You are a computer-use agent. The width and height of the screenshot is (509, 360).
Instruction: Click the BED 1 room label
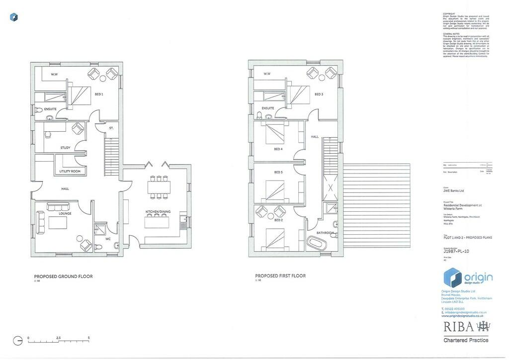tap(98, 94)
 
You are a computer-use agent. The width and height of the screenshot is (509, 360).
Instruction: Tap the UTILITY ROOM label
tap(70, 171)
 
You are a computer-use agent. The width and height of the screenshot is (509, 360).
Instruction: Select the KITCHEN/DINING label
tap(158, 212)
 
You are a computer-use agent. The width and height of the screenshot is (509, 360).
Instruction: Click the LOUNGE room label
tap(65, 213)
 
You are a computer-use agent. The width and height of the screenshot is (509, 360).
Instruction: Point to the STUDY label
tap(65, 148)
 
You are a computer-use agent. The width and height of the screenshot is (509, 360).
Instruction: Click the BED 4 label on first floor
tap(278, 149)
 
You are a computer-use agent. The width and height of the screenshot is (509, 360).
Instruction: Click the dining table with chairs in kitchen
tap(159, 186)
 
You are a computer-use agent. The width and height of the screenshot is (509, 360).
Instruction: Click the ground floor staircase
tap(112, 157)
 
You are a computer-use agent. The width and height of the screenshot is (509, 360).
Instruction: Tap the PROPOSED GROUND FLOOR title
tap(63, 276)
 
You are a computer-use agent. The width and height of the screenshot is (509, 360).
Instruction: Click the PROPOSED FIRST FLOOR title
tap(280, 275)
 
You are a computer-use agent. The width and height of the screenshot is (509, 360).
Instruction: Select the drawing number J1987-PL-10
tap(456, 251)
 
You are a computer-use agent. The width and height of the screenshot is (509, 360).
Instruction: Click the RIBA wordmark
tap(458, 327)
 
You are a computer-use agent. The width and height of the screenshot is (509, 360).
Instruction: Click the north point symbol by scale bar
tap(18, 341)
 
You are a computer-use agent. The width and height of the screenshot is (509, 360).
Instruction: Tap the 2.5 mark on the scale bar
tap(58, 338)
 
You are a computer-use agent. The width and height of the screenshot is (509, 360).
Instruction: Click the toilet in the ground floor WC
tap(116, 245)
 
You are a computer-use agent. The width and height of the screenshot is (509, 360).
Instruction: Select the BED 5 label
tap(278, 172)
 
